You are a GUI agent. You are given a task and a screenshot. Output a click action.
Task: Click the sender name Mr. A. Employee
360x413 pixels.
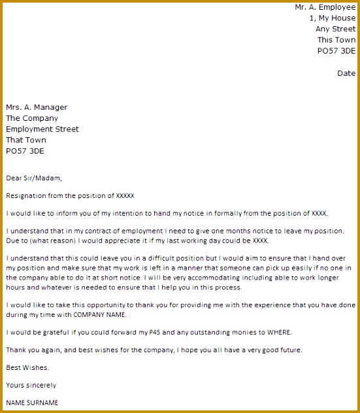[325, 7]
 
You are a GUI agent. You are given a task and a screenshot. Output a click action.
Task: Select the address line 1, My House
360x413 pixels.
[333, 18]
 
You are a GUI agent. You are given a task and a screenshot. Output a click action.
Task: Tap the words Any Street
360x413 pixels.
[335, 29]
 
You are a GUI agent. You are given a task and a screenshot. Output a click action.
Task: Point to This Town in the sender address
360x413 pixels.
[336, 40]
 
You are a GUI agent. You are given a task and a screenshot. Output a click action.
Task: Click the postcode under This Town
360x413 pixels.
[336, 50]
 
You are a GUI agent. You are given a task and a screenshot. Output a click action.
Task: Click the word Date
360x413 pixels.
[346, 73]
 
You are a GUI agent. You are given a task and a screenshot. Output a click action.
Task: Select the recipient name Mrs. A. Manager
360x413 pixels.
[37, 108]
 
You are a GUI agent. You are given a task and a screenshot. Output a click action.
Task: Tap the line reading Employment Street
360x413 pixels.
[42, 129]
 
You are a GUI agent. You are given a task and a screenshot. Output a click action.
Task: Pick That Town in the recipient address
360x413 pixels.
[27, 140]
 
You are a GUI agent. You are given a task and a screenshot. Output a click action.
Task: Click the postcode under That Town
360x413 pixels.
[25, 151]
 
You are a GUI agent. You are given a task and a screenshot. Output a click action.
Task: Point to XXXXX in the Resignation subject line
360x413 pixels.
[125, 195]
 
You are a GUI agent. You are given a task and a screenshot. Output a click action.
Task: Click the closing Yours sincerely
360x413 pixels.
[31, 386]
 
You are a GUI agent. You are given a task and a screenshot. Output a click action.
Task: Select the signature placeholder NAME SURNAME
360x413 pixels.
[32, 403]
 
